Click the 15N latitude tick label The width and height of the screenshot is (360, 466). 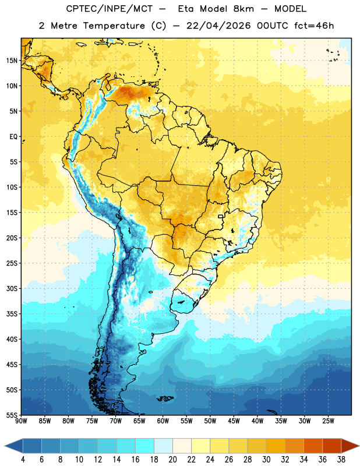click(x=12, y=61)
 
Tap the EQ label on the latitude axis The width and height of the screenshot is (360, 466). click(x=13, y=137)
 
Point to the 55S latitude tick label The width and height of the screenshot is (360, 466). click(x=12, y=415)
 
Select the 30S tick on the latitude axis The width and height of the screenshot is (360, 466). click(x=12, y=288)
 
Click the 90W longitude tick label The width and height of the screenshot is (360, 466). click(x=21, y=421)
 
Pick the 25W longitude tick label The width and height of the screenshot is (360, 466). click(x=328, y=421)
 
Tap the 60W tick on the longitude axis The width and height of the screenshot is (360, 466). click(x=163, y=421)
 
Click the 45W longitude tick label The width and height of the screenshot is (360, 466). click(x=234, y=421)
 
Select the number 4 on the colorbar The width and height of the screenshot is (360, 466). click(x=23, y=460)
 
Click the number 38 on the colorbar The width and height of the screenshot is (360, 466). click(x=341, y=460)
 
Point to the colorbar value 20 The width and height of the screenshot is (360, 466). click(x=172, y=460)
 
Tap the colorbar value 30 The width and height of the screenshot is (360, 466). click(x=266, y=460)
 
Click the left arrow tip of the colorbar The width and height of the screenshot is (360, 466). click(x=5, y=446)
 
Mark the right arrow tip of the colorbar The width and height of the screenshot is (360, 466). click(x=359, y=446)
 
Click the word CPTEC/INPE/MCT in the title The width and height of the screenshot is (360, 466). click(x=109, y=9)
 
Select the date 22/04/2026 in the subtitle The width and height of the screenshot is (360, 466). click(x=218, y=26)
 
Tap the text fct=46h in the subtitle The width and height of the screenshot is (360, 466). click(x=314, y=26)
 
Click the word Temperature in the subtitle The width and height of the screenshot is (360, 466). click(x=114, y=26)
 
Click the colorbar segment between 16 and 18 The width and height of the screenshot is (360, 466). click(x=144, y=446)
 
